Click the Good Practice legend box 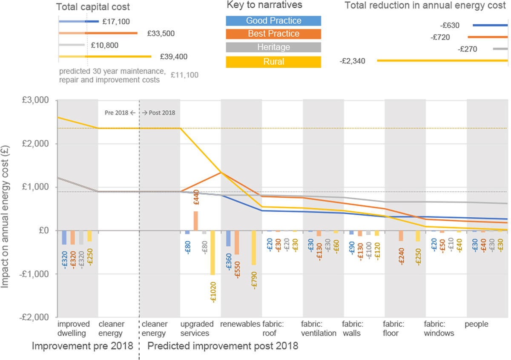coord(273,21)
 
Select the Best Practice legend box coord(273,34)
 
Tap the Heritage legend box coord(273,47)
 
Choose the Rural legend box coord(273,62)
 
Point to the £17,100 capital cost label coord(113,21)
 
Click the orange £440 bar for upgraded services coord(195,221)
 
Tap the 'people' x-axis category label coord(477,324)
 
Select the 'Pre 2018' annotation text coord(117,113)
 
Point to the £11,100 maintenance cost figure coord(184,75)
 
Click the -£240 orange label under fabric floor coord(401,255)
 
